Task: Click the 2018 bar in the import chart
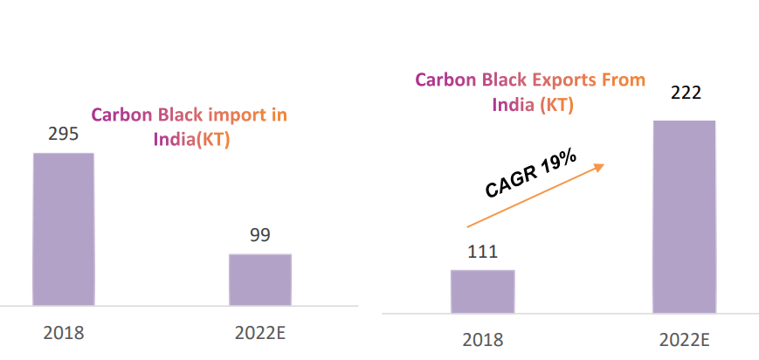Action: pyautogui.click(x=63, y=229)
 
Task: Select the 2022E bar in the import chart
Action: pyautogui.click(x=259, y=280)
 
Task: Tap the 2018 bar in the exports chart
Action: pyautogui.click(x=482, y=291)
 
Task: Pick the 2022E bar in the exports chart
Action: pyautogui.click(x=684, y=216)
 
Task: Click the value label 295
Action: pyautogui.click(x=63, y=134)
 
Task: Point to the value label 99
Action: pyautogui.click(x=259, y=234)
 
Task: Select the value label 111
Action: pyautogui.click(x=481, y=252)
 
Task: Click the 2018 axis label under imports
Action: pyautogui.click(x=63, y=333)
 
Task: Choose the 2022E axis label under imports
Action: pyautogui.click(x=259, y=333)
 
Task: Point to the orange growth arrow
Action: pyautogui.click(x=535, y=195)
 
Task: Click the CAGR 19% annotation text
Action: pyautogui.click(x=531, y=174)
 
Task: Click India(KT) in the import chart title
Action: pyautogui.click(x=191, y=140)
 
